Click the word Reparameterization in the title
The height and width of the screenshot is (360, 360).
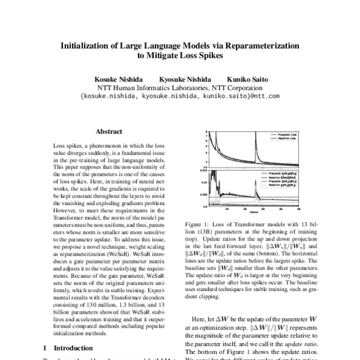[x=250, y=46]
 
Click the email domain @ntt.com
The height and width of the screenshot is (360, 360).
[x=265, y=95]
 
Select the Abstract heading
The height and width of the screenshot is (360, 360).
[x=109, y=131]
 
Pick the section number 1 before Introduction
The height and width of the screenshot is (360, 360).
[x=46, y=347]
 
